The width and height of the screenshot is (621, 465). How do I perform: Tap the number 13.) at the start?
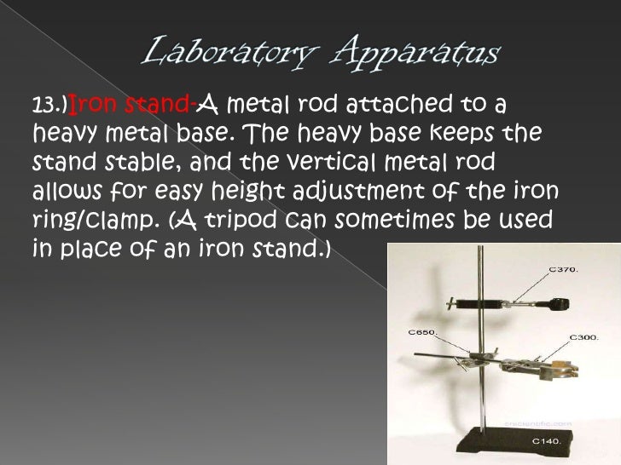(x=49, y=106)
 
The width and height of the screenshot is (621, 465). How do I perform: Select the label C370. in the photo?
(x=563, y=270)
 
